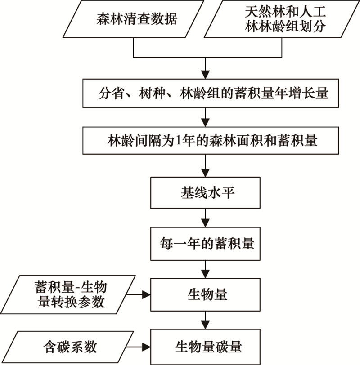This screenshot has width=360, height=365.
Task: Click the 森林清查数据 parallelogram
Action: coord(133,19)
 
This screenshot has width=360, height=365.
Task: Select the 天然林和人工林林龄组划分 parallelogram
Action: coord(282,19)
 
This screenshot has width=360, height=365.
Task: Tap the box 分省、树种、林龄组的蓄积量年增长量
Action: coord(211,93)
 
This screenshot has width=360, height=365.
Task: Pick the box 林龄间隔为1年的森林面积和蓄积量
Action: coord(211,141)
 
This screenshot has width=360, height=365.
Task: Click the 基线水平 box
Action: coord(205,193)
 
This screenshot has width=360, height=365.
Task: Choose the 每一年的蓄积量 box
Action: coord(205,244)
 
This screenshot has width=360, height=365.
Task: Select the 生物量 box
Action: coord(205,295)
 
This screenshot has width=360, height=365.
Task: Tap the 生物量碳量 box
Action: coord(205,347)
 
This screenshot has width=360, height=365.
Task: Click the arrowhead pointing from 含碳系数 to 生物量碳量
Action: coord(146,347)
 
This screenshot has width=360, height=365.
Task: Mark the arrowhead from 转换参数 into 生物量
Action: coord(146,295)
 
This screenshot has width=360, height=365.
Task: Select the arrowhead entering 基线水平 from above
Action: coord(205,173)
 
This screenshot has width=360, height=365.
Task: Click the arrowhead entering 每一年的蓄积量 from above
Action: coord(205,223)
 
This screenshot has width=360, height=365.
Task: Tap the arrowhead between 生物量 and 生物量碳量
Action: coord(205,325)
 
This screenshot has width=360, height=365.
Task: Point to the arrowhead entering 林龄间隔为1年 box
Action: coord(205,122)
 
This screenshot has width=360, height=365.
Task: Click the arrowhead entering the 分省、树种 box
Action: coord(205,75)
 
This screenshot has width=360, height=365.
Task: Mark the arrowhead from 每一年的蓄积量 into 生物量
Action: coord(205,274)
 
